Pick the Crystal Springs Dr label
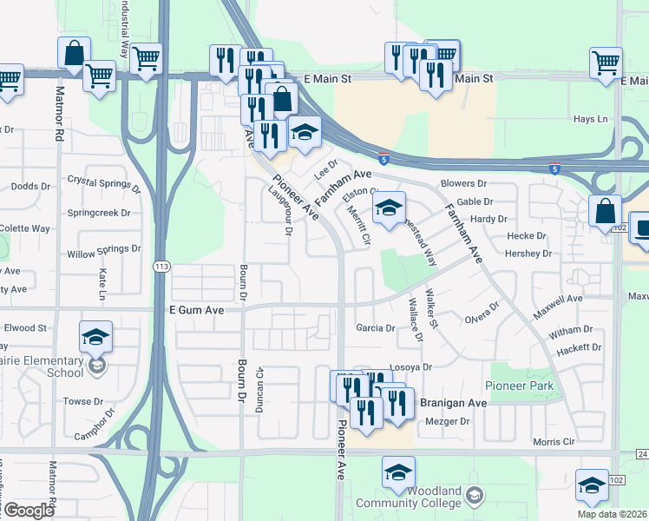[104, 182]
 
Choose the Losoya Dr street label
[410, 367]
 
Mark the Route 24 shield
[641, 454]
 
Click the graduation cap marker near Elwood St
[96, 337]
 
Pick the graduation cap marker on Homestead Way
[390, 208]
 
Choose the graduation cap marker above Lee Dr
[305, 133]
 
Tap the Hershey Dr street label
[529, 254]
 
